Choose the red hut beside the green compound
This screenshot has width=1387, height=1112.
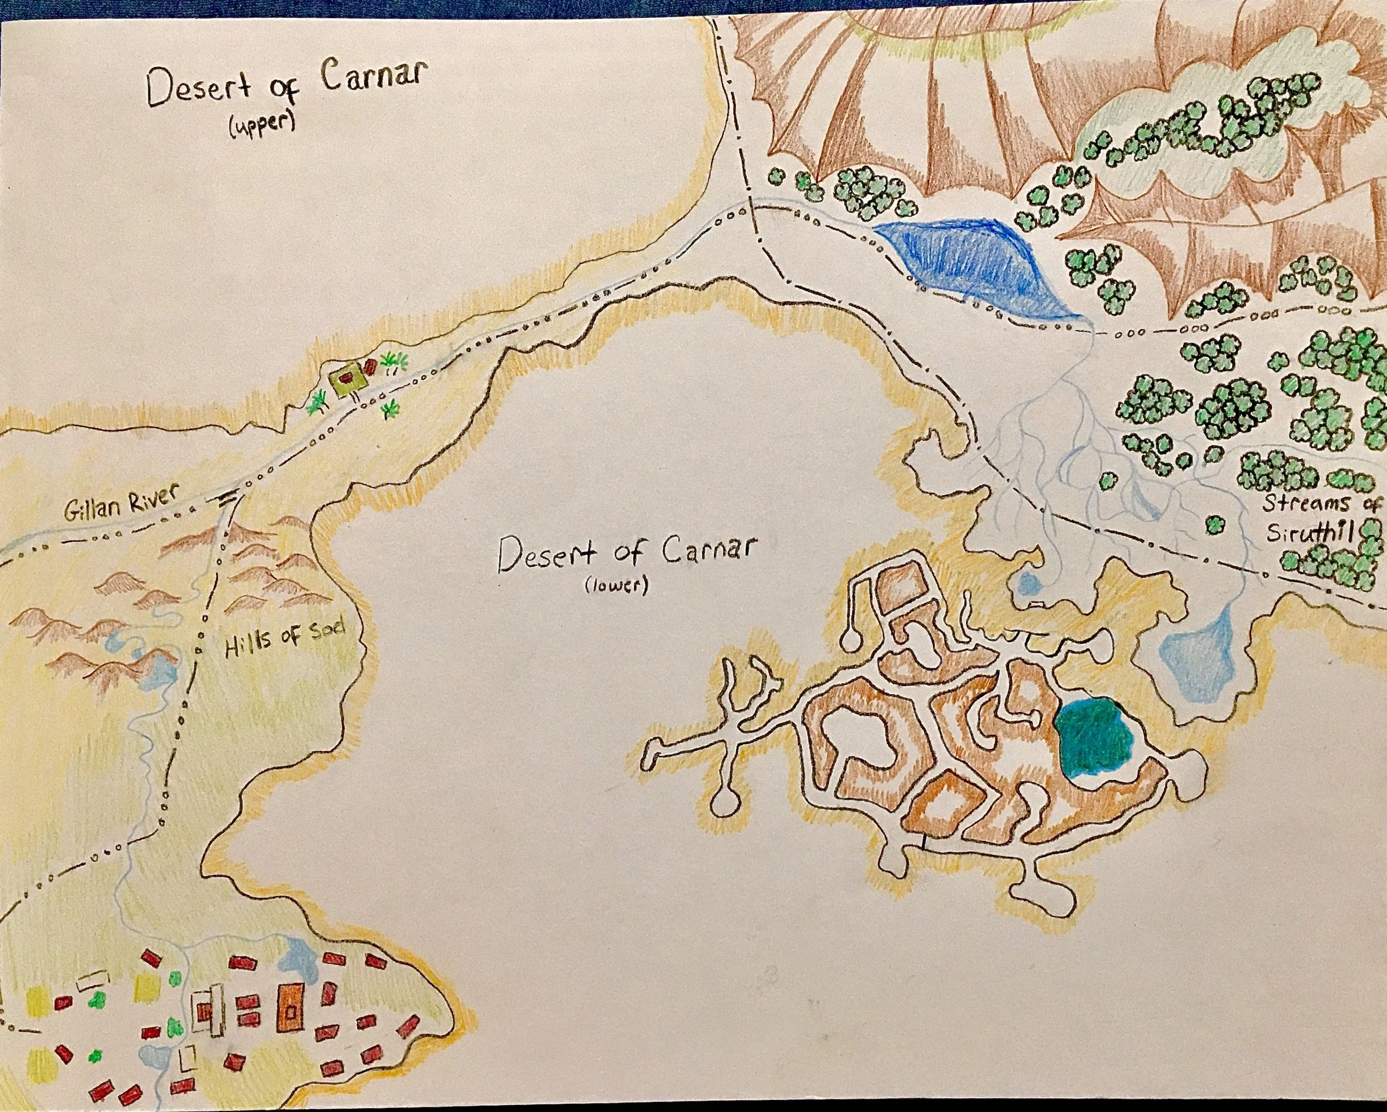(371, 367)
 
